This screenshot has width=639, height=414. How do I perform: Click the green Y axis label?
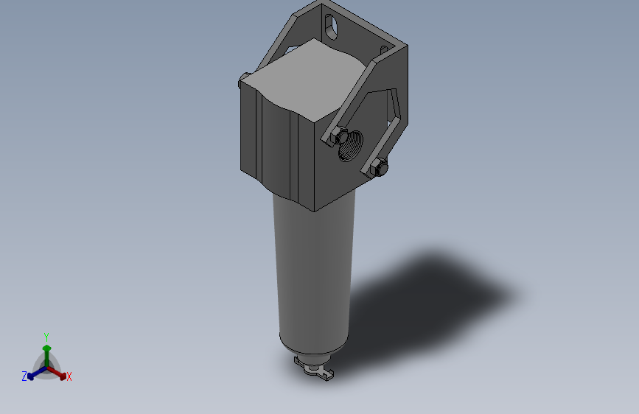point(46,337)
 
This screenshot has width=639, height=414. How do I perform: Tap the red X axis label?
point(69,376)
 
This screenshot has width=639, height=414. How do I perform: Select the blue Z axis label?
point(24,376)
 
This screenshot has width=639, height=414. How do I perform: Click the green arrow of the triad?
point(47,356)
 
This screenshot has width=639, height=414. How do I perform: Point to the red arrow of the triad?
point(57,373)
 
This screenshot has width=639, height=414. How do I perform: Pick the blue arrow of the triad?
point(37,373)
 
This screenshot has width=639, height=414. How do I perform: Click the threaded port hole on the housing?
point(351,146)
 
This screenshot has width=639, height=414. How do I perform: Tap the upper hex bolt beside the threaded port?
point(338,136)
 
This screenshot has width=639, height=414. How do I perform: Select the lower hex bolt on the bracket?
point(378,167)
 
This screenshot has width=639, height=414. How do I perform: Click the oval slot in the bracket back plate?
point(331,27)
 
